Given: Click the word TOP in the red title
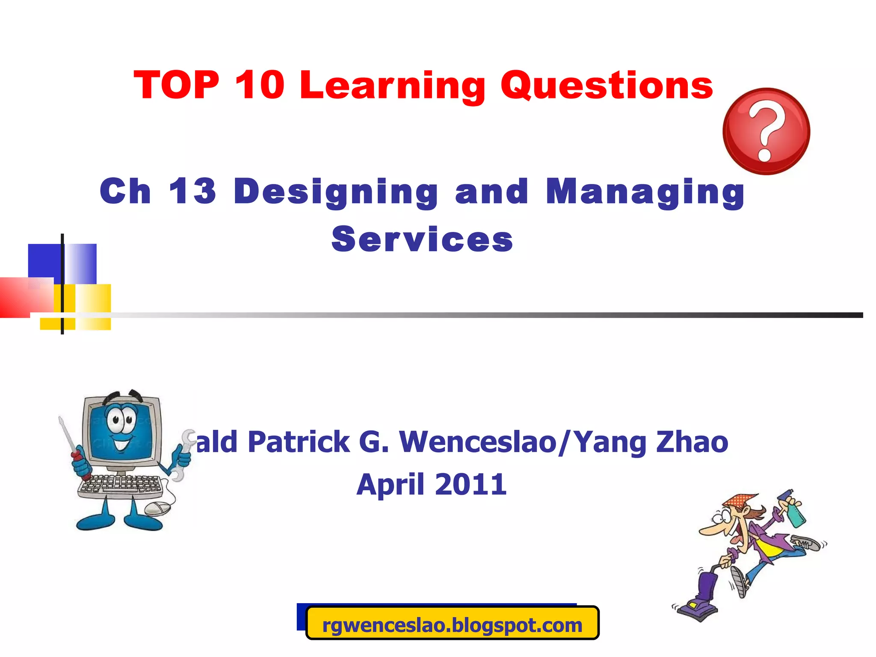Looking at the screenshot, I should pyautogui.click(x=177, y=85).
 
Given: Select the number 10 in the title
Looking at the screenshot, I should pyautogui.click(x=259, y=85).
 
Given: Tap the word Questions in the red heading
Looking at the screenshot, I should pyautogui.click(x=607, y=86).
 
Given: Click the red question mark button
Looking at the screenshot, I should pyautogui.click(x=766, y=131).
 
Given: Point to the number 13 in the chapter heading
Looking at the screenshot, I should pyautogui.click(x=192, y=191).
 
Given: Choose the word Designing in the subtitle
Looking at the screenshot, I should pyautogui.click(x=336, y=192).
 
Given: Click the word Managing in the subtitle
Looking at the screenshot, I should pyautogui.click(x=645, y=192).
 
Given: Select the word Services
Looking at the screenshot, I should pyautogui.click(x=422, y=240).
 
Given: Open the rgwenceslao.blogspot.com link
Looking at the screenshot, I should pyautogui.click(x=452, y=625).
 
